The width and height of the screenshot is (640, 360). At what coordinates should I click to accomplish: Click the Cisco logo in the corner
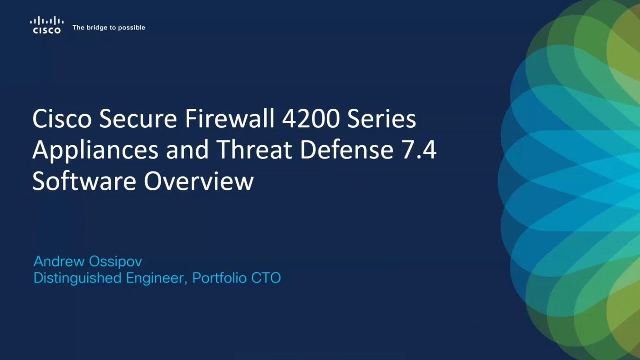[x=47, y=25]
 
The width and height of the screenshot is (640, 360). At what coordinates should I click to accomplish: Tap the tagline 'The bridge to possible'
[x=109, y=28]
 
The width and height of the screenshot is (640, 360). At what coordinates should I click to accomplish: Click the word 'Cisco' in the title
[x=62, y=119]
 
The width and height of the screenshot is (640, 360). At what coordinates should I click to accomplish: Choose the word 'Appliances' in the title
[x=95, y=150]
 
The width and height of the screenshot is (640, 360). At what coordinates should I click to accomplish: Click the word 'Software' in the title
[x=85, y=181]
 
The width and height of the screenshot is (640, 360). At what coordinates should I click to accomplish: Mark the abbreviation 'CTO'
[x=267, y=278]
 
